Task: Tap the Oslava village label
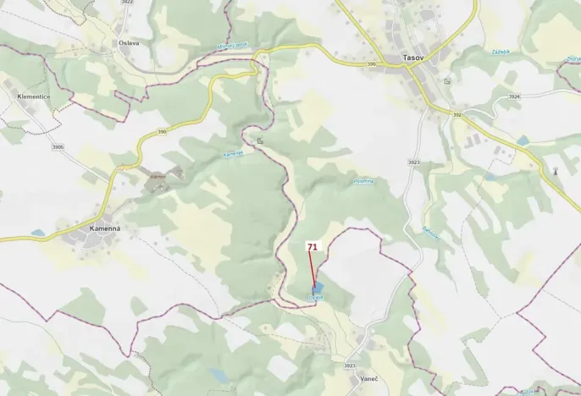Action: pyautogui.click(x=129, y=42)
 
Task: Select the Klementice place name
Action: pyautogui.click(x=33, y=97)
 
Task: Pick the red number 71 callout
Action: pyautogui.click(x=313, y=246)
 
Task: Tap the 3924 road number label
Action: pyautogui.click(x=513, y=97)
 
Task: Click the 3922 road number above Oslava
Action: pyautogui.click(x=127, y=3)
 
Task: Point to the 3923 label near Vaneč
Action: pyautogui.click(x=350, y=365)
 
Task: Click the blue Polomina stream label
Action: pyautogui.click(x=362, y=180)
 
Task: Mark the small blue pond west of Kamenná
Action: pyautogui.click(x=38, y=232)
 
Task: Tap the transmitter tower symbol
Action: pyautogui.click(x=556, y=171)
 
